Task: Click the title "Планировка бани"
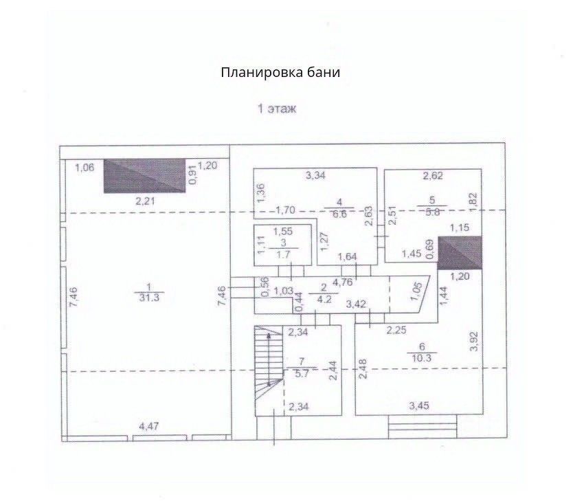pos(280,72)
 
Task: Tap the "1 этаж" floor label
pos(277,109)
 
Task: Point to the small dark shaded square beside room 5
pos(460,252)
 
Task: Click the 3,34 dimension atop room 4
pos(315,175)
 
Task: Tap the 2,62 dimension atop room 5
pos(433,175)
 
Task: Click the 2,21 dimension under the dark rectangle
pos(146,201)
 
